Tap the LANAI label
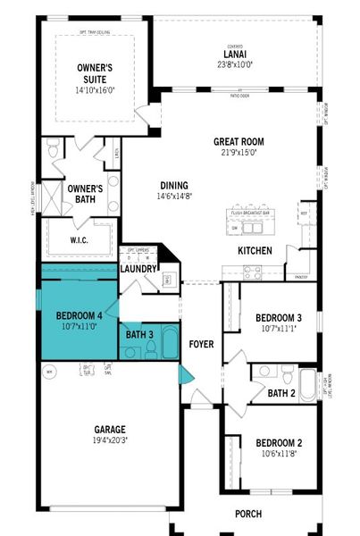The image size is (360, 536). [x=235, y=54]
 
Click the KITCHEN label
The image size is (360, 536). [x=255, y=251]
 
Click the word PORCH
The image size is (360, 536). [x=248, y=514]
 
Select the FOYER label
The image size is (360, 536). [x=201, y=344]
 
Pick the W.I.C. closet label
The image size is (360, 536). [x=80, y=241]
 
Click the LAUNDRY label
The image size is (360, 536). [x=138, y=268]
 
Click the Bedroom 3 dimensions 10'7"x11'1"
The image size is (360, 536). [x=278, y=329]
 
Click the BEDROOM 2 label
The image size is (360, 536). [x=279, y=443]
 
